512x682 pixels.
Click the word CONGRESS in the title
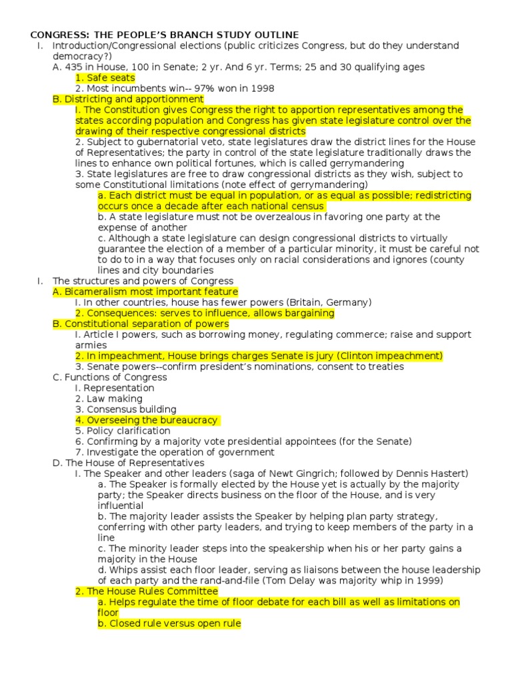tap(53, 35)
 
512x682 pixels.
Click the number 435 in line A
tap(71, 67)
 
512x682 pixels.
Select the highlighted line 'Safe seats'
tap(105, 77)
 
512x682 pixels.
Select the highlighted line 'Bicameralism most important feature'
tap(145, 292)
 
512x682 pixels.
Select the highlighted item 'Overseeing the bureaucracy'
tap(147, 420)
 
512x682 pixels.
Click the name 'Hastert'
tap(447, 474)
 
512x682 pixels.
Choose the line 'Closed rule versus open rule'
tap(169, 623)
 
